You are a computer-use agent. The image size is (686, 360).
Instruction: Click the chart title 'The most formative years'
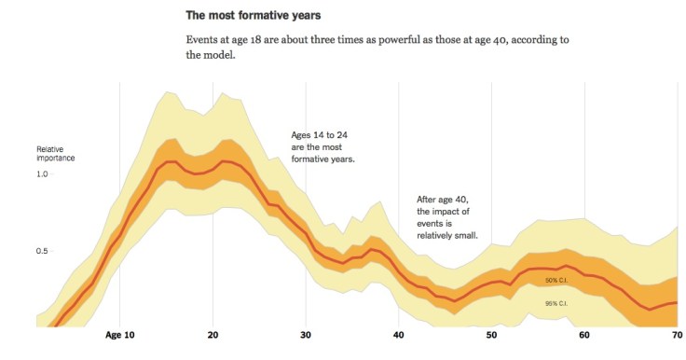pyautogui.click(x=254, y=16)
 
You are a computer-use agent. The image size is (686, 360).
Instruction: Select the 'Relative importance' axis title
pyautogui.click(x=56, y=154)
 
